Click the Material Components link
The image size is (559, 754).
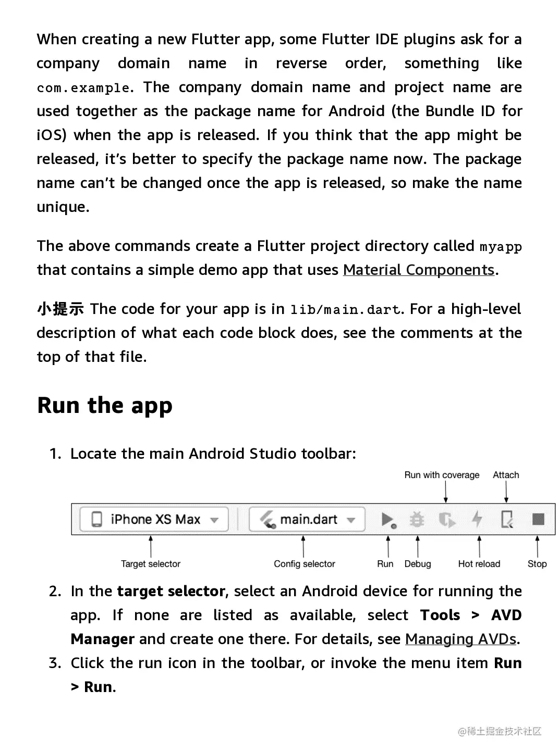coord(418,270)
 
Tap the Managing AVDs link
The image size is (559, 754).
coord(461,639)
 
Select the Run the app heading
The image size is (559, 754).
coord(105,405)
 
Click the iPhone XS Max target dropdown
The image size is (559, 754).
coord(154,519)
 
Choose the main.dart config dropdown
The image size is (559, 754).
coord(307,519)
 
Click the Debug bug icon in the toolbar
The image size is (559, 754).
coord(417,519)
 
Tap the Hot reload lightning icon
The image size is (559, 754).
coord(477,519)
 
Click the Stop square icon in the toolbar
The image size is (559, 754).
coord(538,519)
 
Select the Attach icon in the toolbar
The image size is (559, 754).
coord(507,519)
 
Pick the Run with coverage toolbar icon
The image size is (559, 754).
coord(447,519)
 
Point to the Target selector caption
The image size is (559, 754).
coord(151,564)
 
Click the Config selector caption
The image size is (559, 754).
coord(305,564)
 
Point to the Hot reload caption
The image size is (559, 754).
coord(479,564)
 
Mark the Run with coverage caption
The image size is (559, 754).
coord(442,475)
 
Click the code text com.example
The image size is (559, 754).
coord(83,88)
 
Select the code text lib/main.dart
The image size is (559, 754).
coord(345,310)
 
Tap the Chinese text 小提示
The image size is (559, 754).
coord(60,309)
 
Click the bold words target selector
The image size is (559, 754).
coord(171,591)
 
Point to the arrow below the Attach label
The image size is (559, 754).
coord(506,492)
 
